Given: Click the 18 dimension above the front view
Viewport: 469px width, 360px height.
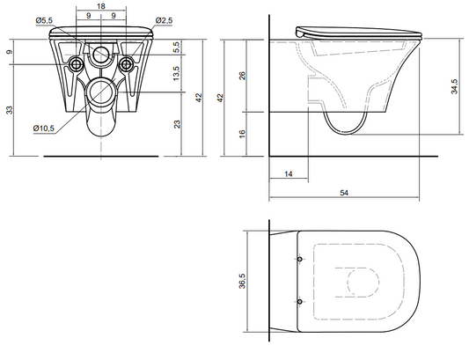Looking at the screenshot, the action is tap(101, 6).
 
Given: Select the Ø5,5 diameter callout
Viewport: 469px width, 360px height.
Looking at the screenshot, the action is tap(44, 20).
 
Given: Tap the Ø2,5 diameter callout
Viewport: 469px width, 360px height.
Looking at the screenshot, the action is tap(164, 20).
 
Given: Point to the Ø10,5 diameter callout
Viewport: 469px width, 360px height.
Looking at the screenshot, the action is tap(44, 129).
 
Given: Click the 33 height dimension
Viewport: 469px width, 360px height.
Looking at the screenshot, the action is tap(10, 110).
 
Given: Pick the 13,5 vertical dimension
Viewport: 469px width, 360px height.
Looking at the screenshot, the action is tap(176, 73).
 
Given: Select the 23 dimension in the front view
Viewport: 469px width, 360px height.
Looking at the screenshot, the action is tap(178, 124).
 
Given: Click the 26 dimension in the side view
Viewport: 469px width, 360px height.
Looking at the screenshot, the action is tap(243, 76).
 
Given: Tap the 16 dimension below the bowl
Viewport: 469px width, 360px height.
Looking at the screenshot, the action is tap(243, 133).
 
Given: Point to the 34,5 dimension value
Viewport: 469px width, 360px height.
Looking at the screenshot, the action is tap(454, 86).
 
